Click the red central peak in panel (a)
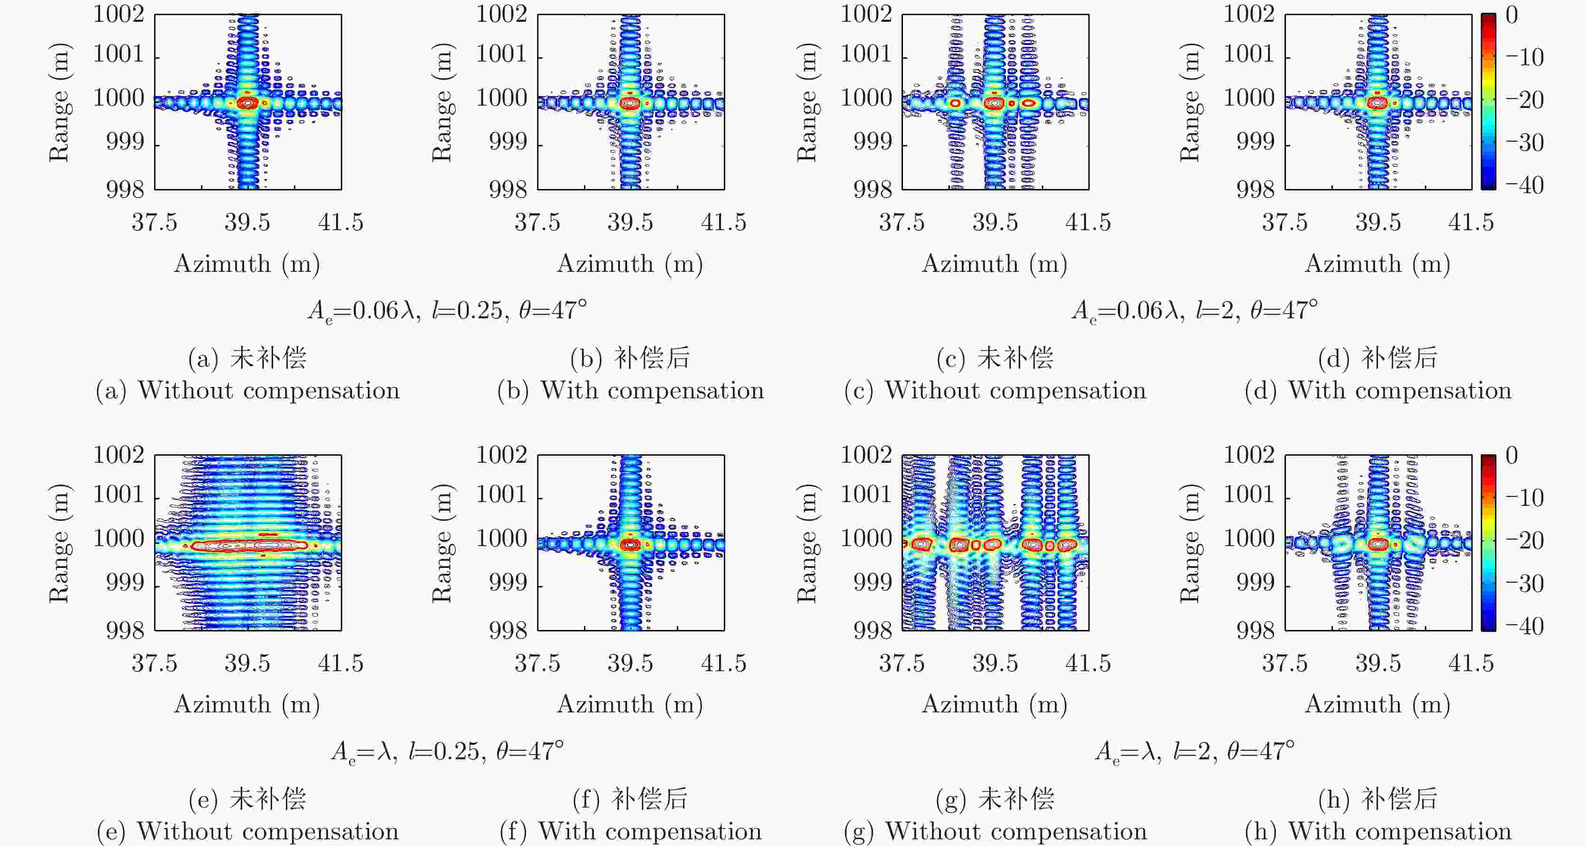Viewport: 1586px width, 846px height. pos(247,103)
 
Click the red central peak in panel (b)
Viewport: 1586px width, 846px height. pos(630,103)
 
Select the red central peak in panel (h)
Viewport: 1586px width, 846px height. pos(1378,544)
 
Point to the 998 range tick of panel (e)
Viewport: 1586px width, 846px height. pos(125,630)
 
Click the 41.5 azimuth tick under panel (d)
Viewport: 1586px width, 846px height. pos(1471,222)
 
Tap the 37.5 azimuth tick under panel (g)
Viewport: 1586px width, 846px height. pos(902,663)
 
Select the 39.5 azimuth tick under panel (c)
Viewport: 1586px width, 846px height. pos(995,222)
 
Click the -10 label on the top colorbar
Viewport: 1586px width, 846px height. pos(1524,57)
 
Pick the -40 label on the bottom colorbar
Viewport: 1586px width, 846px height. pos(1524,626)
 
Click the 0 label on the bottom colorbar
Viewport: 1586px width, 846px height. pos(1512,456)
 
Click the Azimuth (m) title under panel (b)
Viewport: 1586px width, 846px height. pos(630,264)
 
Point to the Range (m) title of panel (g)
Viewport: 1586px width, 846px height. pos(807,543)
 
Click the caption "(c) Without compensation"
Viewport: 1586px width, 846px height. pos(995,391)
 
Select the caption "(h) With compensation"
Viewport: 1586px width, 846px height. pos(1378,832)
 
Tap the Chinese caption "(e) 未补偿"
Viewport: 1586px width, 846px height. pos(247,799)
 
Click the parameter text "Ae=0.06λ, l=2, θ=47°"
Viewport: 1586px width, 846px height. pos(1194,311)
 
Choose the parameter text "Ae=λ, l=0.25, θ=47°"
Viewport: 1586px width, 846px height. pos(447,751)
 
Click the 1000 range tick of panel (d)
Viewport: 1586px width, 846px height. pos(1249,99)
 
